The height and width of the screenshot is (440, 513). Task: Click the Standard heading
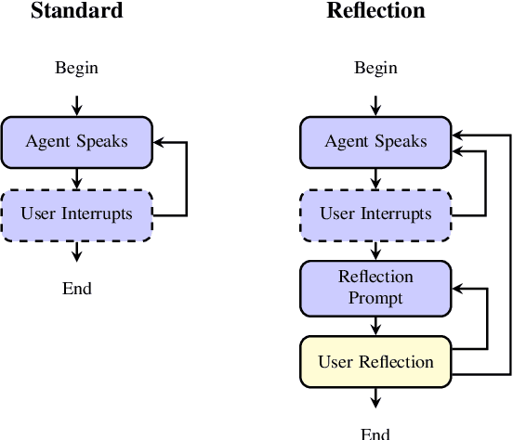[76, 11]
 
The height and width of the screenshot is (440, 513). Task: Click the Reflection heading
[375, 11]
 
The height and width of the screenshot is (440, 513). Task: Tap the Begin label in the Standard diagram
[76, 67]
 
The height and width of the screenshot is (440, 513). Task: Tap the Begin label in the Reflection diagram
[375, 67]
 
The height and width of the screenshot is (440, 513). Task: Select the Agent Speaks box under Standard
[76, 142]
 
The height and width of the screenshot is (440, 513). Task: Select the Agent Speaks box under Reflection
[375, 142]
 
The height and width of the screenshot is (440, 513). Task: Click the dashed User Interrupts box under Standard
[76, 214]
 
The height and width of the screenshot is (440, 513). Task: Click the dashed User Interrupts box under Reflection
[375, 214]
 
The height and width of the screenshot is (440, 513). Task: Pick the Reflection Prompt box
[375, 287]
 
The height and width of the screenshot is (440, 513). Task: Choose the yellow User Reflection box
[375, 360]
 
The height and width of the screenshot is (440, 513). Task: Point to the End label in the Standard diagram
[76, 288]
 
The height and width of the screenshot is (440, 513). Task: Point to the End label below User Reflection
[375, 433]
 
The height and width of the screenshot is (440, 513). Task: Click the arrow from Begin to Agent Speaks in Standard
[76, 102]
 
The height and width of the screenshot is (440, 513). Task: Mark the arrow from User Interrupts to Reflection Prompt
[375, 251]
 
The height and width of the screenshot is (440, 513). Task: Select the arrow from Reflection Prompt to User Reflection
[375, 324]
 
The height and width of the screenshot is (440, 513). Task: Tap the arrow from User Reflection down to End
[375, 396]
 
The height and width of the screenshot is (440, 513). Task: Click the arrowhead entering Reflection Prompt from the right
[457, 288]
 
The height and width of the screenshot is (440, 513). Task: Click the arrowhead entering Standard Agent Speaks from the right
[158, 142]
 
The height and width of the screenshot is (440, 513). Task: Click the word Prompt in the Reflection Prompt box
[375, 297]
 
